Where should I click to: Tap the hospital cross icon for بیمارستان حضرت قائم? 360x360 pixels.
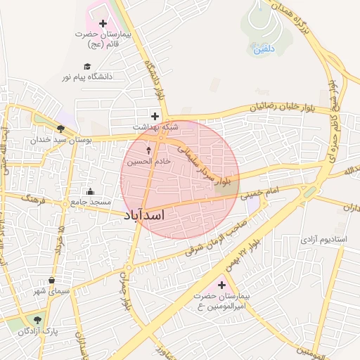[103, 23]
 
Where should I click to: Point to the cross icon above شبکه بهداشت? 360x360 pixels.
[155, 115]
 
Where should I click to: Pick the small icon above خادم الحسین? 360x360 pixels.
[148, 150]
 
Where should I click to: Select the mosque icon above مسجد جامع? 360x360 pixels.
[90, 191]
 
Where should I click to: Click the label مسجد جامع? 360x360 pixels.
[89, 202]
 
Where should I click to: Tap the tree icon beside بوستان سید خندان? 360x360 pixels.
[61, 129]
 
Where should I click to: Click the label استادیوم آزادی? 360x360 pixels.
[323, 239]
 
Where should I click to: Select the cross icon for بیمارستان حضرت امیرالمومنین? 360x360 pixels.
[222, 285]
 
